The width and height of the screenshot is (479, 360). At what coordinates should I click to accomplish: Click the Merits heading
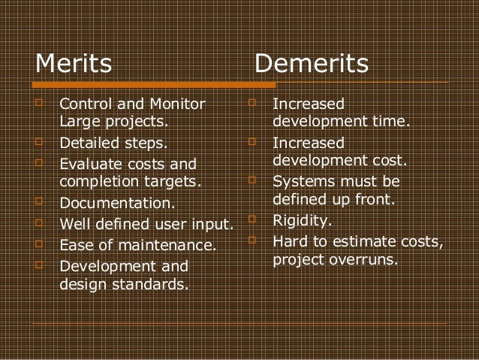coord(74,64)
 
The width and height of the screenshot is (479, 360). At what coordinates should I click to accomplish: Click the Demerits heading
coord(312,64)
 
